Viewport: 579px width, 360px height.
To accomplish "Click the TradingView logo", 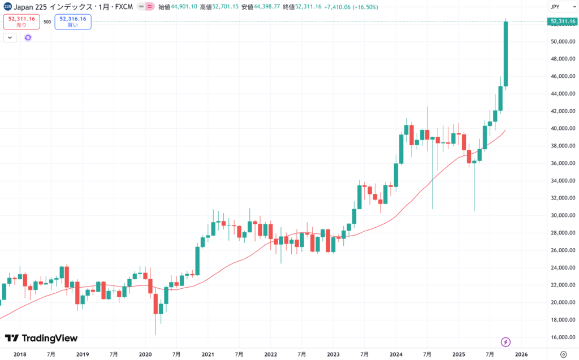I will [41, 338].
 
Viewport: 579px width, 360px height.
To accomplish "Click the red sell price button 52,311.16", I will [21, 21].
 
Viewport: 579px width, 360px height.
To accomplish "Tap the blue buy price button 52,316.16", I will [73, 21].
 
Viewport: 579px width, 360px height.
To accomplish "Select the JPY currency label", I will [555, 7].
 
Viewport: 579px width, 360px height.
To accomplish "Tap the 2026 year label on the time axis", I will [521, 354].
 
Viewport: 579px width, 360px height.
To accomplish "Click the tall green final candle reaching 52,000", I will [505, 54].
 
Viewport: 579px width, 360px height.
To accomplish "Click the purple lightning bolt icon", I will [506, 342].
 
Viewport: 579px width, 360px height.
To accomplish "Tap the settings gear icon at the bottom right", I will [563, 354].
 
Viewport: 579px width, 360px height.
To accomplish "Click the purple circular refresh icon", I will [28, 37].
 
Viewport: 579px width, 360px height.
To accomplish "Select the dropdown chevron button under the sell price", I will [10, 37].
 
